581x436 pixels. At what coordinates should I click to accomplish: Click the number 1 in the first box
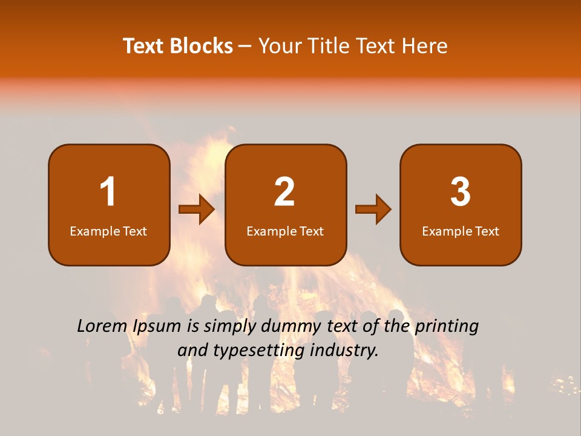click(x=108, y=192)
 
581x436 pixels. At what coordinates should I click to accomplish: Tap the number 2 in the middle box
click(x=284, y=192)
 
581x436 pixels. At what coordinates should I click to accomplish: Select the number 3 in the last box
click(x=461, y=192)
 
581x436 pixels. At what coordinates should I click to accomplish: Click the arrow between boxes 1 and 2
click(x=197, y=210)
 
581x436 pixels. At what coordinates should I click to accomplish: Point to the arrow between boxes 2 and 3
click(x=373, y=210)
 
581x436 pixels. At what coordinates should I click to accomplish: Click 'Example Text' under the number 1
click(x=108, y=231)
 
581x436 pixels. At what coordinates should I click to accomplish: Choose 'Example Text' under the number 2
click(x=285, y=231)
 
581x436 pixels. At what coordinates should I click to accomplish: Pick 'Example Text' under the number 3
click(x=461, y=231)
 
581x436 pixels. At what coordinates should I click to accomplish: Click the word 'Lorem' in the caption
click(x=102, y=326)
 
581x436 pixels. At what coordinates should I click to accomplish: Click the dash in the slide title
click(x=245, y=46)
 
